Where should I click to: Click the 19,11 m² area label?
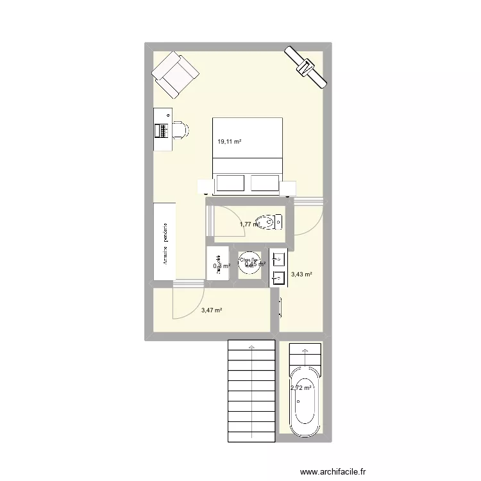229,142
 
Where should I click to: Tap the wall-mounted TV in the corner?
306,66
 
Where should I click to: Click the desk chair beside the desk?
181,130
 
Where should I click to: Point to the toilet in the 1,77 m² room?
274,223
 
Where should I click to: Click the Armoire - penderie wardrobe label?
165,244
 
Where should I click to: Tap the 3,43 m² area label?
301,274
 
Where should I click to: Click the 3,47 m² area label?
211,310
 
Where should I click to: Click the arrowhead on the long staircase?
251,347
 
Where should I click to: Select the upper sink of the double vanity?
278,259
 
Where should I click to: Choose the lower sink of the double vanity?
278,278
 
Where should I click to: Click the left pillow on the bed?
232,183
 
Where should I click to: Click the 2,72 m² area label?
301,387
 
